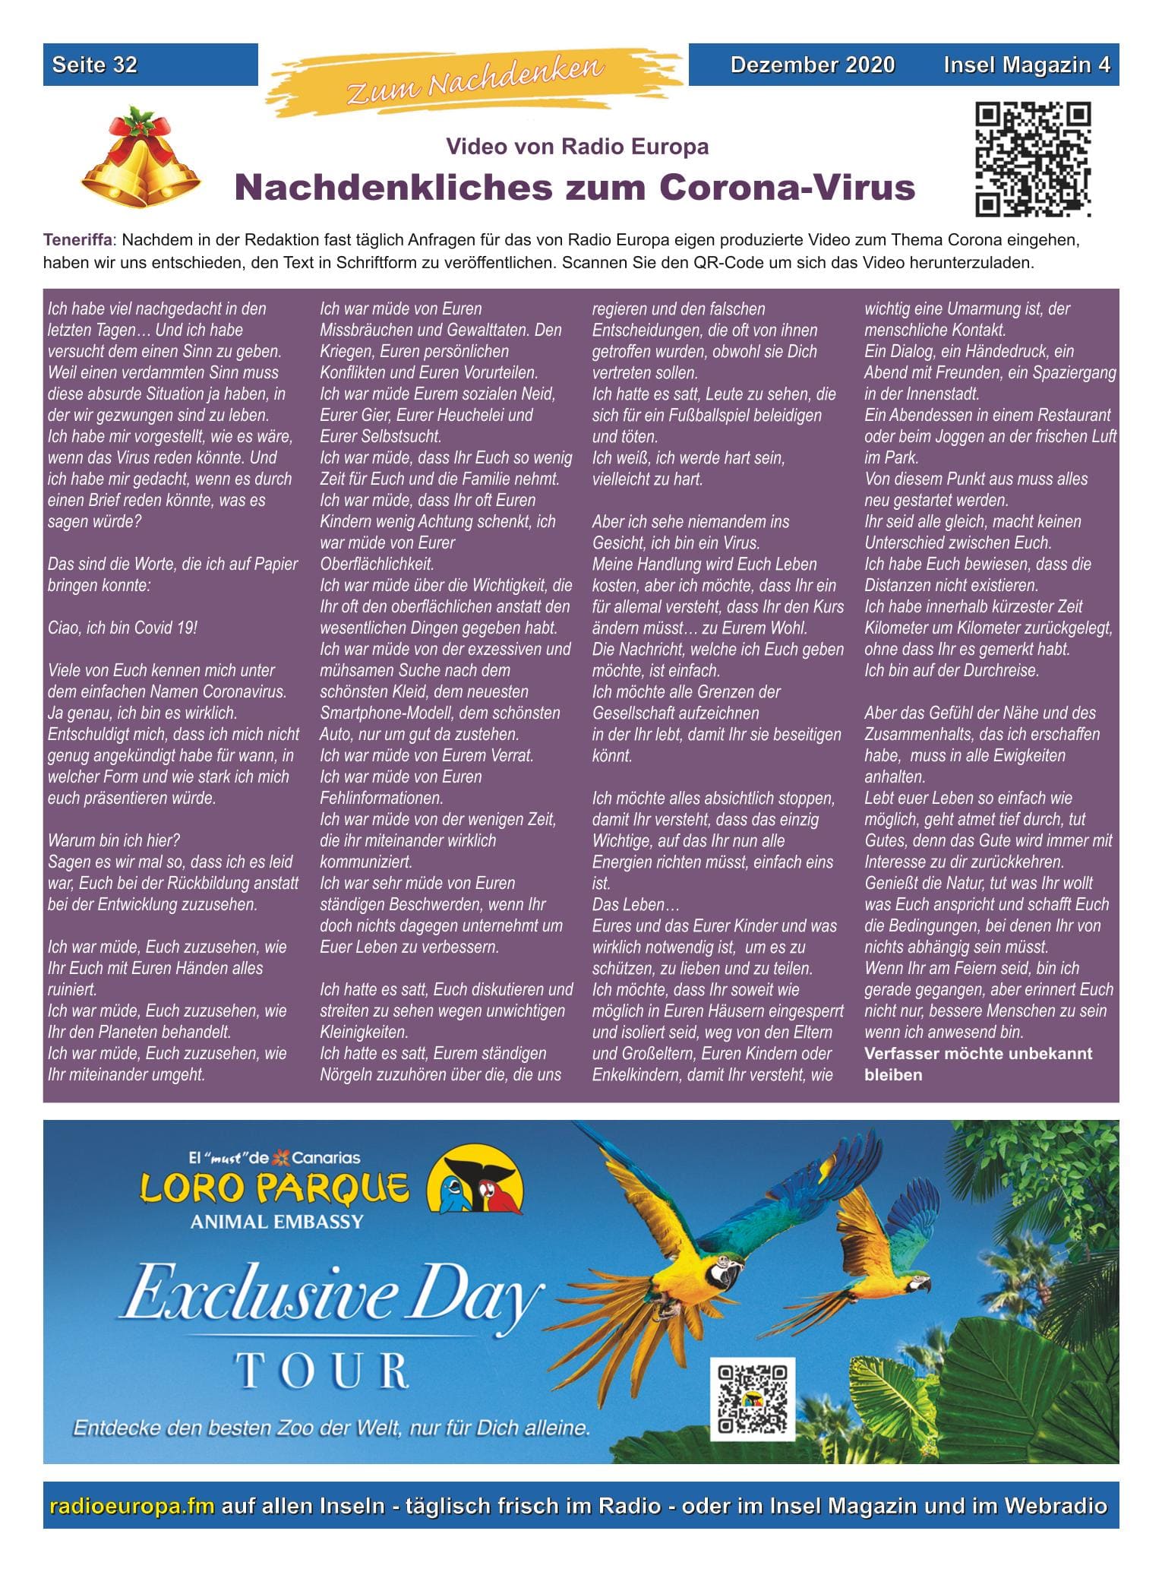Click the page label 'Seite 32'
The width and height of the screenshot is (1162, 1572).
pyautogui.click(x=94, y=65)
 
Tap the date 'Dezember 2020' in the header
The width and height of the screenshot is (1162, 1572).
pyautogui.click(x=812, y=65)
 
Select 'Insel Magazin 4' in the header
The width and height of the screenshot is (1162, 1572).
pyautogui.click(x=1026, y=65)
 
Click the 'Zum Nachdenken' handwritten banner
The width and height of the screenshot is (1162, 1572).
pyautogui.click(x=475, y=81)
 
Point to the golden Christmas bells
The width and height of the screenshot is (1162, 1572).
pyautogui.click(x=141, y=157)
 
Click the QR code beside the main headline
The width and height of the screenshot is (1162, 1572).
pyautogui.click(x=1033, y=159)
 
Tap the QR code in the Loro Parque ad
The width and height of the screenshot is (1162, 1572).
pyautogui.click(x=752, y=1399)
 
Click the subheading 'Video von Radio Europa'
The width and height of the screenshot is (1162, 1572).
pyautogui.click(x=576, y=146)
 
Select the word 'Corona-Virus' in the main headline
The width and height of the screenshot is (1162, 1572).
pyautogui.click(x=787, y=187)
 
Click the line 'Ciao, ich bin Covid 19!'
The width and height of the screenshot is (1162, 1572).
pyautogui.click(x=122, y=628)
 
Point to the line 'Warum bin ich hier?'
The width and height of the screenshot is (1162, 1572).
pyautogui.click(x=113, y=841)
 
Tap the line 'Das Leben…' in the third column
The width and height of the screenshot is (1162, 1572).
pyautogui.click(x=635, y=905)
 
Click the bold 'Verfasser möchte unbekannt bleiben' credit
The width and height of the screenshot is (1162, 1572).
pyautogui.click(x=977, y=1064)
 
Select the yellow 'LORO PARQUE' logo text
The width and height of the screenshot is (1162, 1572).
pyautogui.click(x=273, y=1189)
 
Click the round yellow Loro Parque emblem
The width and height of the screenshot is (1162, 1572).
pyautogui.click(x=475, y=1181)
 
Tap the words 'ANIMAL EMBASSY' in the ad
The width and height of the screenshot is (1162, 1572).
pyautogui.click(x=276, y=1222)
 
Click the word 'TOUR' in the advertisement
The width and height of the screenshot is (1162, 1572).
pyautogui.click(x=323, y=1371)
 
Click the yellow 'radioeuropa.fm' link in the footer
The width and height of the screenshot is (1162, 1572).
pyautogui.click(x=131, y=1506)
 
